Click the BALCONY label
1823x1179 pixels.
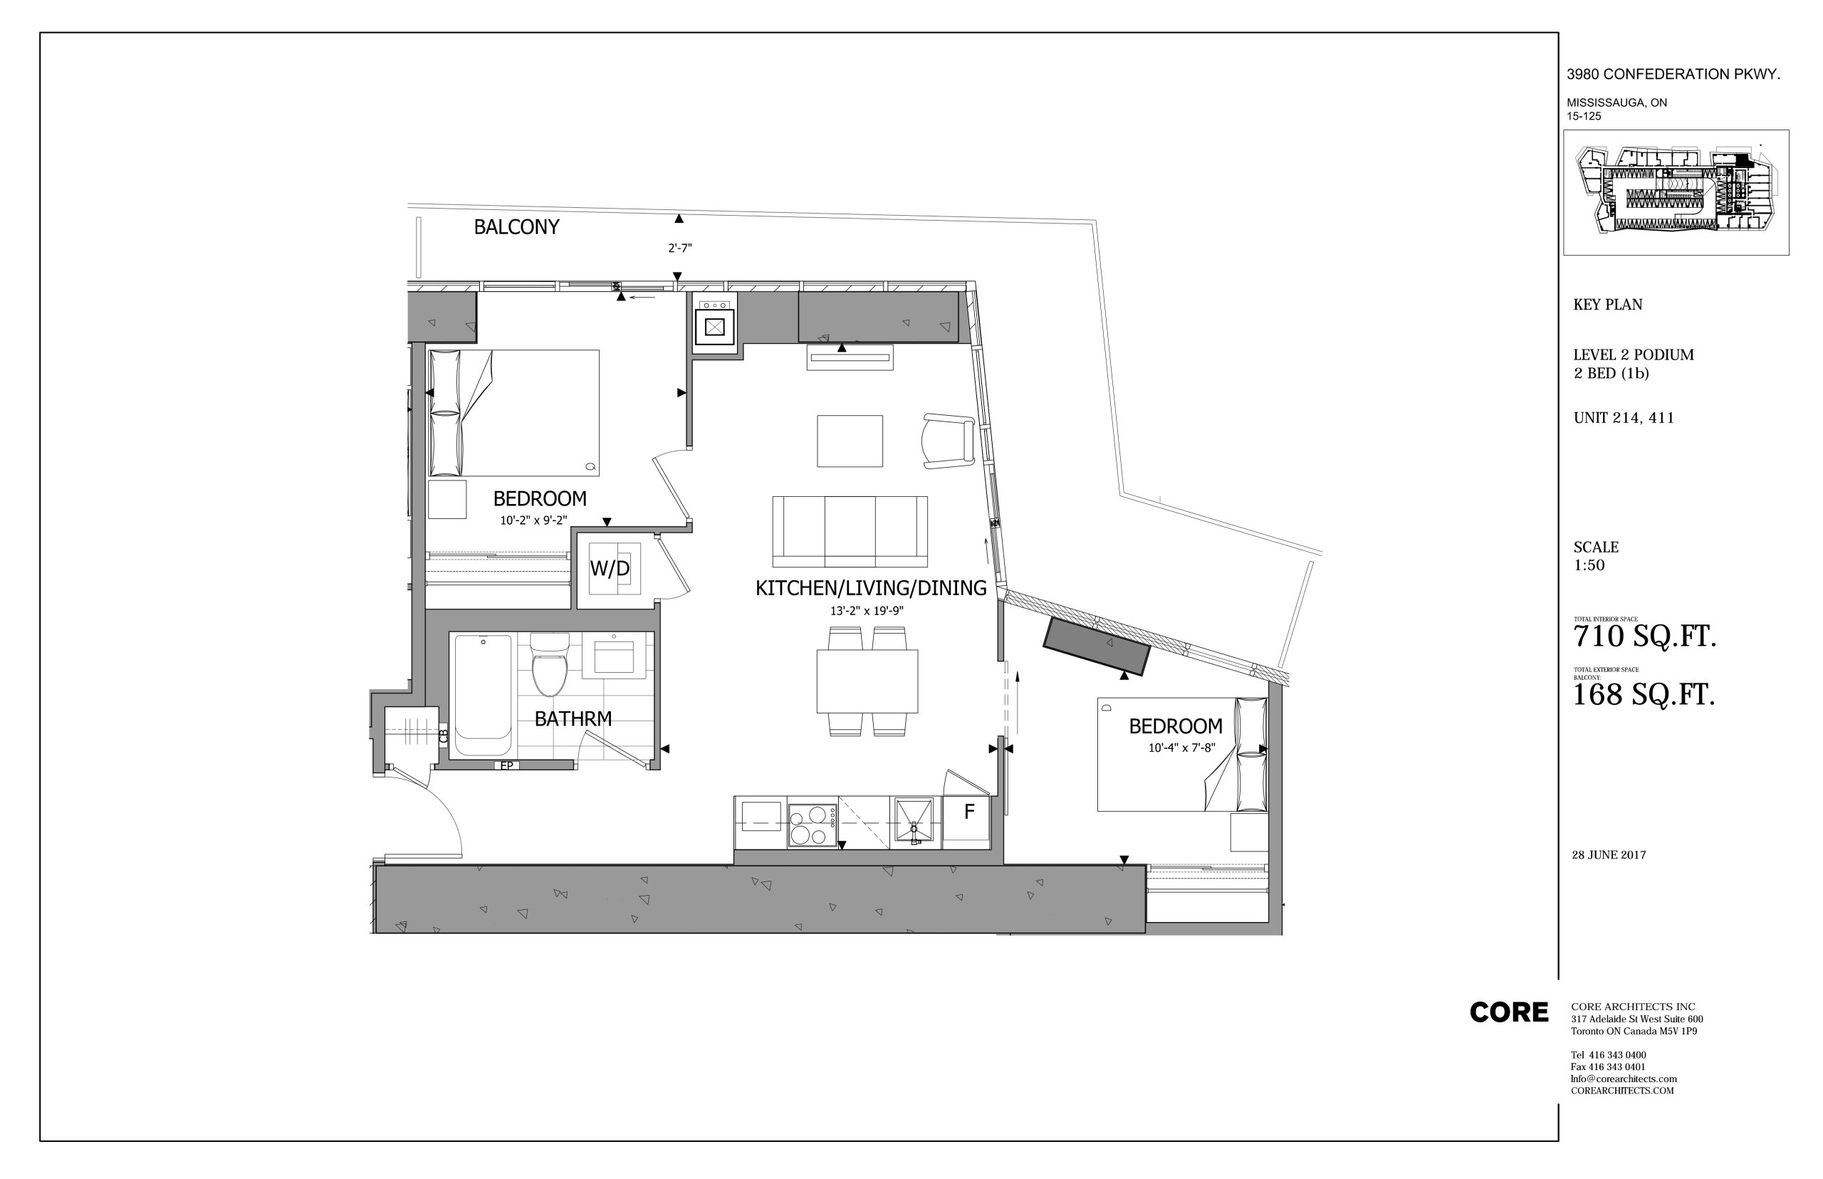[516, 226]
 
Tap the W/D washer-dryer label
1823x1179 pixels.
[610, 568]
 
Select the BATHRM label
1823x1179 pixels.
[573, 719]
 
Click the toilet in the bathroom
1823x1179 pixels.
[550, 664]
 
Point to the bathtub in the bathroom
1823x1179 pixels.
[483, 695]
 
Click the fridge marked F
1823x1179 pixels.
[966, 822]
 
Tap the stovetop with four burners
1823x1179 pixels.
[813, 825]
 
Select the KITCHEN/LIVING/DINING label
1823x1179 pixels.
[870, 588]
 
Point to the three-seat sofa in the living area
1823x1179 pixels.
[850, 530]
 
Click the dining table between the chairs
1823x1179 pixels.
[867, 681]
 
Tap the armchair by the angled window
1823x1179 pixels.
[949, 440]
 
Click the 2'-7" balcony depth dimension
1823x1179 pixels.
[680, 248]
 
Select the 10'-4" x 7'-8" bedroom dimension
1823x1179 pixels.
[1181, 748]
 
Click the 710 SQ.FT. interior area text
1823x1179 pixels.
[1644, 637]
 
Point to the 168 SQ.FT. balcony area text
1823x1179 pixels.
[1643, 695]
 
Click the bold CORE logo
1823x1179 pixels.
[1508, 1012]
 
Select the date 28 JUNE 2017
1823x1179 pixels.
[1609, 854]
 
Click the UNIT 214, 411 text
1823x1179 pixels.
[1623, 418]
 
